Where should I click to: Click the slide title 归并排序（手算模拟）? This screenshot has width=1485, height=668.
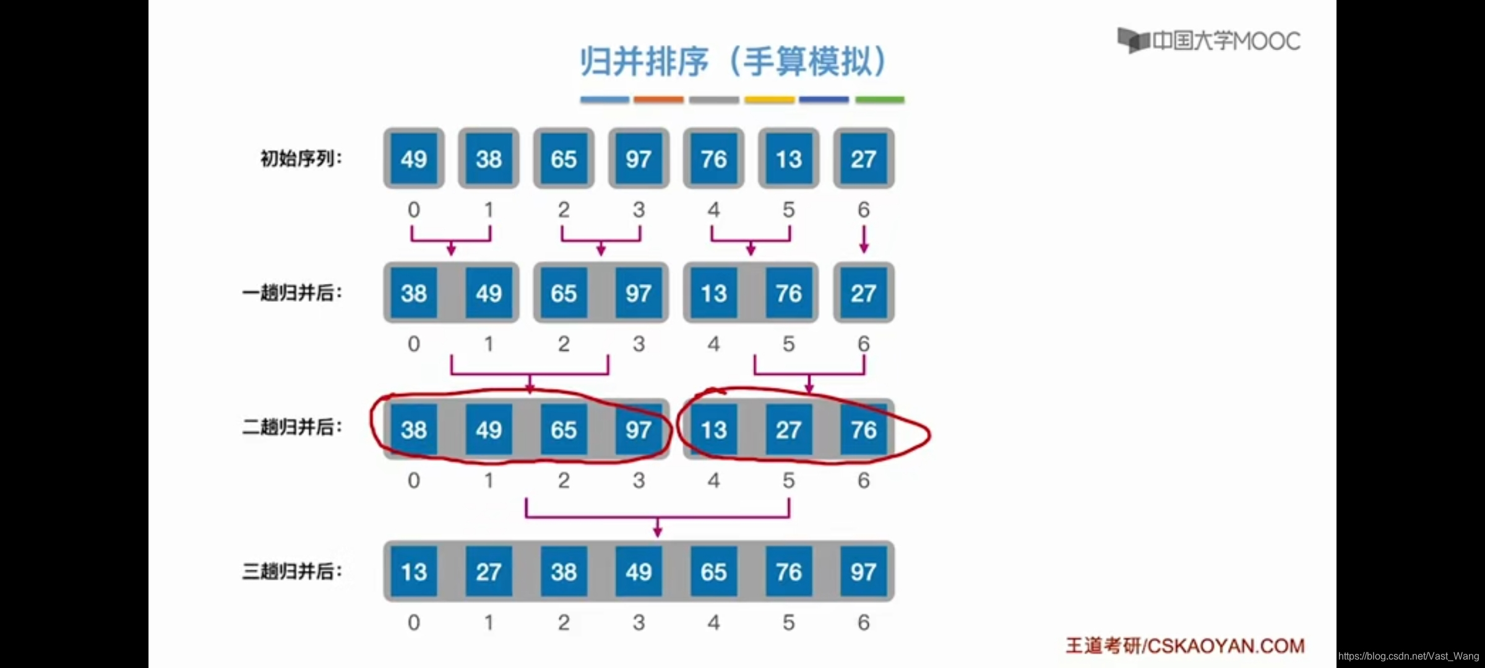pos(734,61)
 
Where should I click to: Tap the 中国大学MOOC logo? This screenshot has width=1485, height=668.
pos(1209,41)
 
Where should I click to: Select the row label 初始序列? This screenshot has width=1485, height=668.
pos(301,159)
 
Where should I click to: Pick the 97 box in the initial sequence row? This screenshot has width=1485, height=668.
pos(639,159)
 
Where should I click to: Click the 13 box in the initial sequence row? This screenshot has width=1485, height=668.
pos(788,159)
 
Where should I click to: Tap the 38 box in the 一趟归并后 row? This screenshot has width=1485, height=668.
pos(413,293)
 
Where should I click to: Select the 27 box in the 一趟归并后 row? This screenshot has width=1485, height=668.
pos(863,293)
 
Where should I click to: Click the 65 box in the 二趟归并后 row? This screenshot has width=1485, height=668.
pos(563,430)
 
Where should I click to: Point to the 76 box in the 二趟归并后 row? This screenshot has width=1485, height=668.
pos(863,430)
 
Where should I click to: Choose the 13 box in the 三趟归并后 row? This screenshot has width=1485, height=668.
pos(413,572)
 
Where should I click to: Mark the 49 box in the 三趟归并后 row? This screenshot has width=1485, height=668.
pos(639,572)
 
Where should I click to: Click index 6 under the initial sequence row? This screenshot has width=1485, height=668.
pos(863,210)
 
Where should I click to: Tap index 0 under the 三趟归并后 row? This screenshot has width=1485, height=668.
pos(413,622)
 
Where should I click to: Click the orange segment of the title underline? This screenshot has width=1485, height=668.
pos(658,100)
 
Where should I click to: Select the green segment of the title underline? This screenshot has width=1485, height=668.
pos(879,100)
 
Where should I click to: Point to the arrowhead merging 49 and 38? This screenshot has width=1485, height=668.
pos(451,249)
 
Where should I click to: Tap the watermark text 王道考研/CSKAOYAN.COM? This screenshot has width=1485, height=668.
pos(1185,646)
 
